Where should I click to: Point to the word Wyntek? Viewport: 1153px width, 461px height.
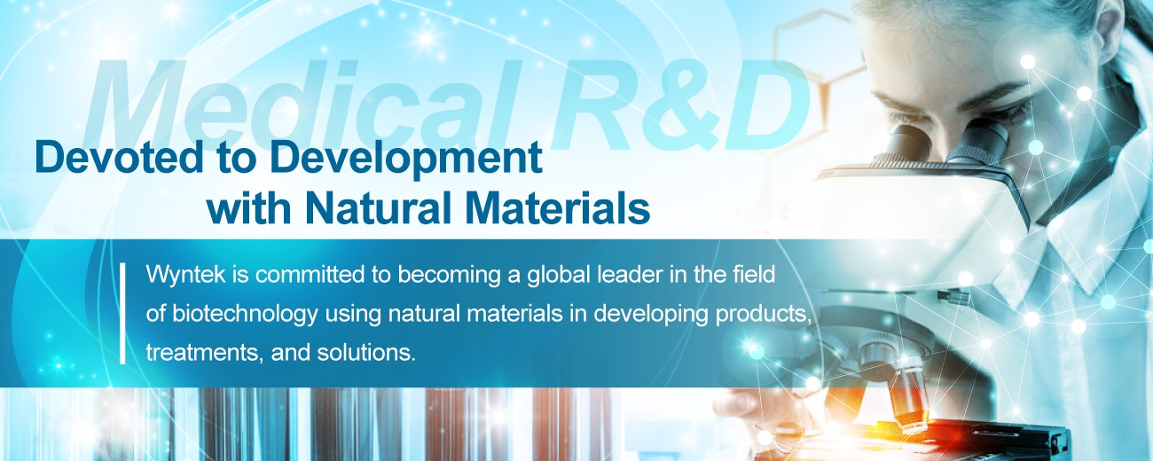(x=186, y=275)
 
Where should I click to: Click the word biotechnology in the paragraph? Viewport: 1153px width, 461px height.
(x=245, y=314)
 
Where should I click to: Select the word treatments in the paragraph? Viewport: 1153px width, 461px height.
(x=205, y=353)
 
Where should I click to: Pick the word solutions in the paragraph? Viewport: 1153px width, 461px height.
(x=366, y=353)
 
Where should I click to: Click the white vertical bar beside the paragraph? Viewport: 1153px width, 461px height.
(x=122, y=313)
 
